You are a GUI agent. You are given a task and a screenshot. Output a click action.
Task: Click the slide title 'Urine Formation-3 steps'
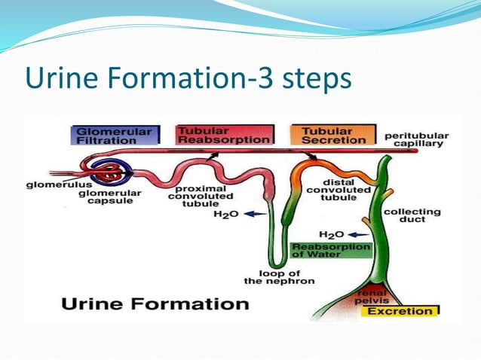188,79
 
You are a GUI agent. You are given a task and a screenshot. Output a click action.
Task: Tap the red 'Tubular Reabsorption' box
222,135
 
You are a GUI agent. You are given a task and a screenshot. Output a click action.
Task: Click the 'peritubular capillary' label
416,140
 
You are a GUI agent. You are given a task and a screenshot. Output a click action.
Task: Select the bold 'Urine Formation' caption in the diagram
154,304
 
